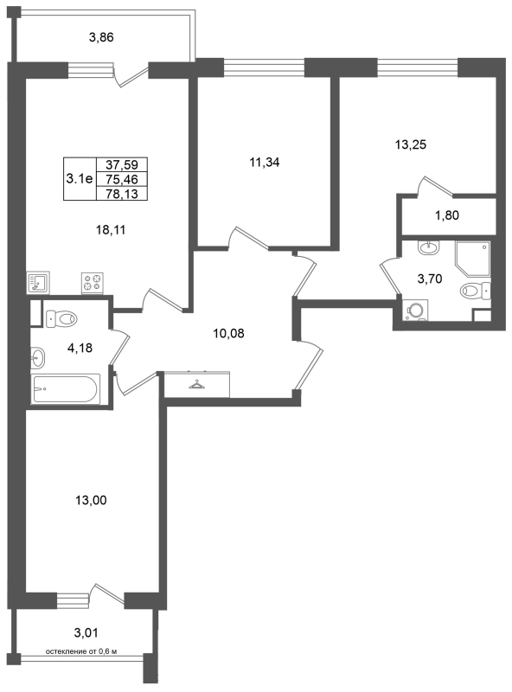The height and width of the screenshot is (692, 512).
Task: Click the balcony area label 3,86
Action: [x=101, y=37]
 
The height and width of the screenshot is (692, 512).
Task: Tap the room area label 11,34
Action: [x=265, y=163]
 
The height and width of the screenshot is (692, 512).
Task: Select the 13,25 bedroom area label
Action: [x=411, y=144]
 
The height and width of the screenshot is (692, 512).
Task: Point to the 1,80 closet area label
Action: [x=446, y=215]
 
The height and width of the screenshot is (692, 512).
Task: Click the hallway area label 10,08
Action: [x=228, y=333]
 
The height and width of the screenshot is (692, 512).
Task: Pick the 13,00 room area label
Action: [x=91, y=500]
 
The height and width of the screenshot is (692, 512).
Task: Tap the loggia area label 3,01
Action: [x=86, y=633]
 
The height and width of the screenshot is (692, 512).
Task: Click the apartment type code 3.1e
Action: [x=80, y=179]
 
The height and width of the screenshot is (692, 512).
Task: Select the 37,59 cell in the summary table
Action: [x=122, y=164]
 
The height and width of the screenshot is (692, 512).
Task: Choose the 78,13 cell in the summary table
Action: [x=122, y=193]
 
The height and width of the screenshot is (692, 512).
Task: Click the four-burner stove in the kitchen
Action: [x=93, y=283]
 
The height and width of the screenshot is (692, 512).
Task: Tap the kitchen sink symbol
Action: [x=37, y=283]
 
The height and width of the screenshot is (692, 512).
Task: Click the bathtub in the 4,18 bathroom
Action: [x=66, y=388]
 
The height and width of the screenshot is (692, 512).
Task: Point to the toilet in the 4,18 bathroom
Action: [x=61, y=317]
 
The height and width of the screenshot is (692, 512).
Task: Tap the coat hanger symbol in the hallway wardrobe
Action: [x=197, y=384]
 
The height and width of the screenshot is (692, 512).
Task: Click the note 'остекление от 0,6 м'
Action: [x=81, y=651]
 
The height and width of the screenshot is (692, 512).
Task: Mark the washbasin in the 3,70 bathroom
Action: [x=428, y=247]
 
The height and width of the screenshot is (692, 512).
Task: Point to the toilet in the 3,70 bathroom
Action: [x=475, y=291]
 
